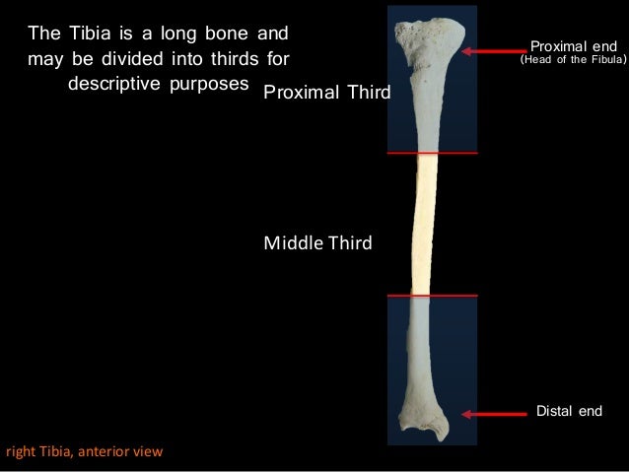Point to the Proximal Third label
pos(327,93)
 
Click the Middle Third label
pos(317,242)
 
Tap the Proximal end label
pos(573,45)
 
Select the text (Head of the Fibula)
pos(573,60)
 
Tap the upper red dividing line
pos(432,154)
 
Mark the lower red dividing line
pos(432,296)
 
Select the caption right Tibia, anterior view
pos(84,452)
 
